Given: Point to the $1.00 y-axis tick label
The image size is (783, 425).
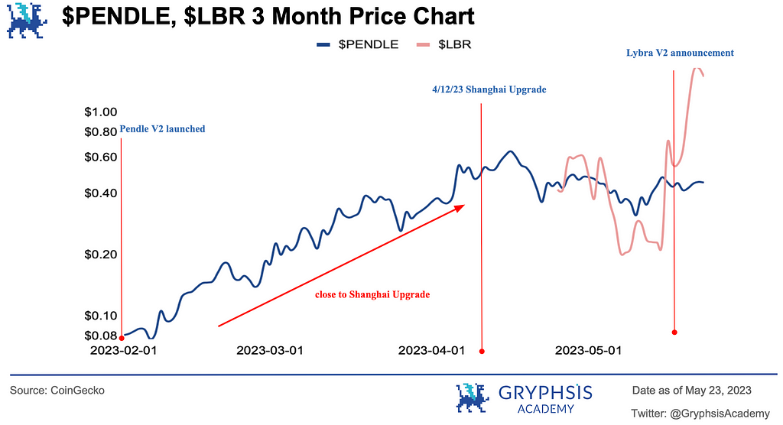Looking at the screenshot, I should coord(100,112).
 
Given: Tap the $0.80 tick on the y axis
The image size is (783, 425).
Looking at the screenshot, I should coord(100,131).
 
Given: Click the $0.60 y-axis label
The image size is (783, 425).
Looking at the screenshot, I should coord(100,157).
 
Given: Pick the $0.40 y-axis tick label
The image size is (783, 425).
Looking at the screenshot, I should coord(100,193).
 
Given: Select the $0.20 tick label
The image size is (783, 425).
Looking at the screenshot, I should coord(100,254).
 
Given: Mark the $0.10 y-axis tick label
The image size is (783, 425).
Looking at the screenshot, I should coord(100,316).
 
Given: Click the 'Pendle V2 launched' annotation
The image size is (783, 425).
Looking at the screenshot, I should coord(162,129).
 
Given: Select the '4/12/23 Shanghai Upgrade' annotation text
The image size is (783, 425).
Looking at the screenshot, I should coord(489,89).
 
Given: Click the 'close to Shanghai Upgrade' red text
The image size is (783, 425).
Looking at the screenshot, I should coord(372,294).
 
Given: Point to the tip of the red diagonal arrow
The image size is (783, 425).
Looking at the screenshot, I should coord(464,204).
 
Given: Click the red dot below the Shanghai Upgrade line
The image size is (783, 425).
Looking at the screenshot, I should coord(482,352).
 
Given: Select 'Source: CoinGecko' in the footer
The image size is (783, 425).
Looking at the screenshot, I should coord(57,391).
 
